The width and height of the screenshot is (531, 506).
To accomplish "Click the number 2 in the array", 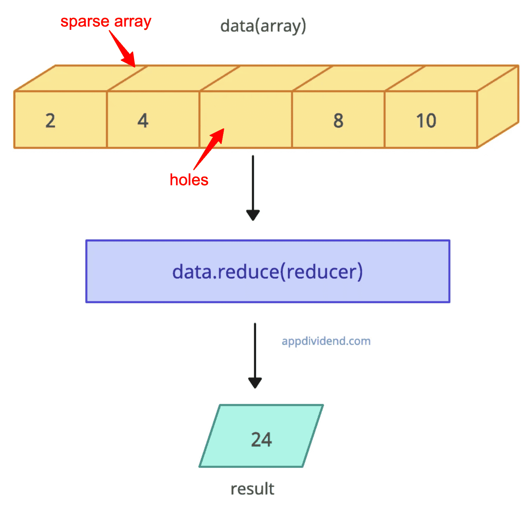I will (50, 120).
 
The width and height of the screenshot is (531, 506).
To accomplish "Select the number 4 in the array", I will (143, 120).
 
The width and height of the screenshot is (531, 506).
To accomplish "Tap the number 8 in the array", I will (338, 120).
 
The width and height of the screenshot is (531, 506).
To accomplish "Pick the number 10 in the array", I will (426, 120).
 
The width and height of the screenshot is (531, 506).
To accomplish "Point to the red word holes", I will (189, 180).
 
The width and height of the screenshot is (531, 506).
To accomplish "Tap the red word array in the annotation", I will (133, 21).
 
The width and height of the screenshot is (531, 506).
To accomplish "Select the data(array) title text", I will (263, 26).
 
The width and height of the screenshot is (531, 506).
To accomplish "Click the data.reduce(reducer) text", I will (267, 272).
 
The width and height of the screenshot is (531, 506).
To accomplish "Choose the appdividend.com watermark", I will (326, 341).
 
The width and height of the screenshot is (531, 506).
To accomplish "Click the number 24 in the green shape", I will (261, 440).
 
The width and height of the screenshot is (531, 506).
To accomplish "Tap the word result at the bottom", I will (252, 489).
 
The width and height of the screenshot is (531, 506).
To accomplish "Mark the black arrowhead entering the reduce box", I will (253, 214).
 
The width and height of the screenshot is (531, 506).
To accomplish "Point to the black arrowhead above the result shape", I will (255, 382).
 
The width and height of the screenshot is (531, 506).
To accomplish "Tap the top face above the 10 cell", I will (452, 78).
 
